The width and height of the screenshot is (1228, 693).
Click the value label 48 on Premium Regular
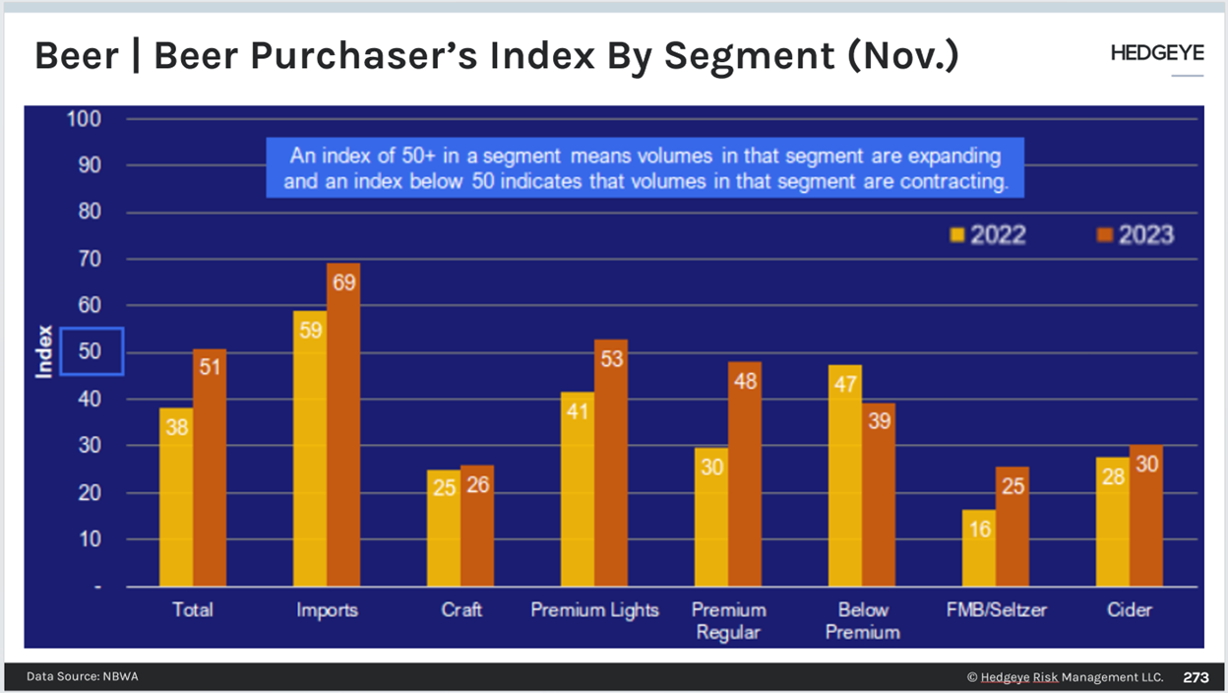point(745,380)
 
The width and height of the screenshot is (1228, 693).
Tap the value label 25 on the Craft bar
point(445,487)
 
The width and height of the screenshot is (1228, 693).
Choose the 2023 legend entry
point(1135,234)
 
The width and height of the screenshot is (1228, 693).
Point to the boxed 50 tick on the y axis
point(91,351)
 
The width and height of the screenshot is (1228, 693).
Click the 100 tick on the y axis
point(85,119)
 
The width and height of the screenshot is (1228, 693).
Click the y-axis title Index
point(43,351)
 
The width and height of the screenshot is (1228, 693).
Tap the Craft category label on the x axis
point(461,610)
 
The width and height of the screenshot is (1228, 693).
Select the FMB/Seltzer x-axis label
point(996,610)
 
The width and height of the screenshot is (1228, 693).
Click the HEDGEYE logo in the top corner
point(1156,53)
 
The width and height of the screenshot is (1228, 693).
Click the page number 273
point(1196,677)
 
